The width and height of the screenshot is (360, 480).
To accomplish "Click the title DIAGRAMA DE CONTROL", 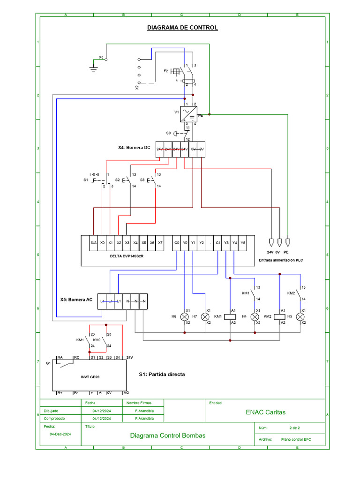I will click(182, 28).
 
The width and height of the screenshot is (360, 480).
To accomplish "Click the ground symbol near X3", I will click(93, 68).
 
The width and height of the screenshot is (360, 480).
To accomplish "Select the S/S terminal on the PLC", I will click(93, 243).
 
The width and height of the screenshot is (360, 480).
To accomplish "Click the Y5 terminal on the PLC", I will click(242, 243).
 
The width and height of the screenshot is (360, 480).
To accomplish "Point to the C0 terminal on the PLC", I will click(177, 243).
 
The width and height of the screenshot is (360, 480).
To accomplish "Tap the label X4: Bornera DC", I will click(134, 148).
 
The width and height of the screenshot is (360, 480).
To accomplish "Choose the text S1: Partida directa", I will click(162, 375).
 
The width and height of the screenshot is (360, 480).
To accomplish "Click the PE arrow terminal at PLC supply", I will click(288, 242).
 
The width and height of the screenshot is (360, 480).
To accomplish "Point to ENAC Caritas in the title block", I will click(265, 412).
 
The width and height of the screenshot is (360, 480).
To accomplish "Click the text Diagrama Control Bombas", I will click(167, 435).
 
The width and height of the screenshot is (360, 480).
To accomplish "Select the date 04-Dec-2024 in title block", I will click(60, 434).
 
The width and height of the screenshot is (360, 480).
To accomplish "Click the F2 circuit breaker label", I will click(165, 71).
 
